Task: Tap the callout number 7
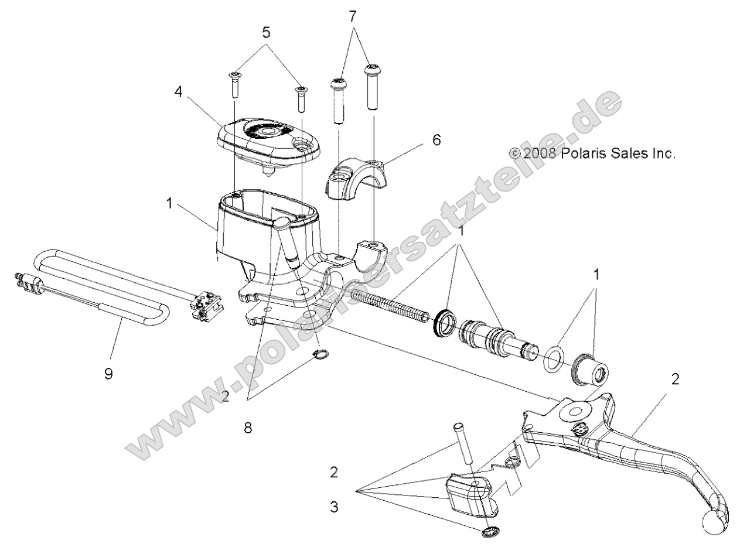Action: point(352,16)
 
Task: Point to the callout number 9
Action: point(108,372)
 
